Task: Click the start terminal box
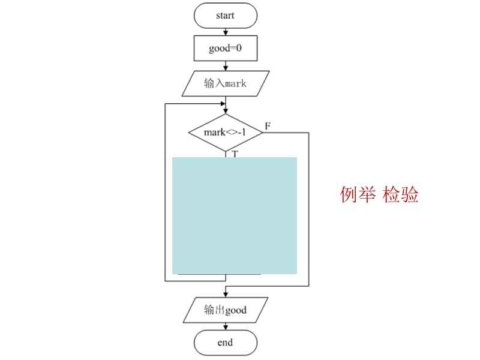226,16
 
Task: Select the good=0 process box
226,49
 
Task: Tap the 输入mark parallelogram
226,83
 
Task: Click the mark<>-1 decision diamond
226,131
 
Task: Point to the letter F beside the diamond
268,126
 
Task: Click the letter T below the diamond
235,154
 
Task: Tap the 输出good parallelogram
226,310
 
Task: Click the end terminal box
226,343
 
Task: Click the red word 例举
358,194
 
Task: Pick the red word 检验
401,194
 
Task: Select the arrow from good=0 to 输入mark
226,66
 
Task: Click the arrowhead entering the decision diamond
226,110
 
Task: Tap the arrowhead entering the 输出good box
226,294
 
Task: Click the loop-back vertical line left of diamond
165,192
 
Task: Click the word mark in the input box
236,83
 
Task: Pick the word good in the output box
235,310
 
